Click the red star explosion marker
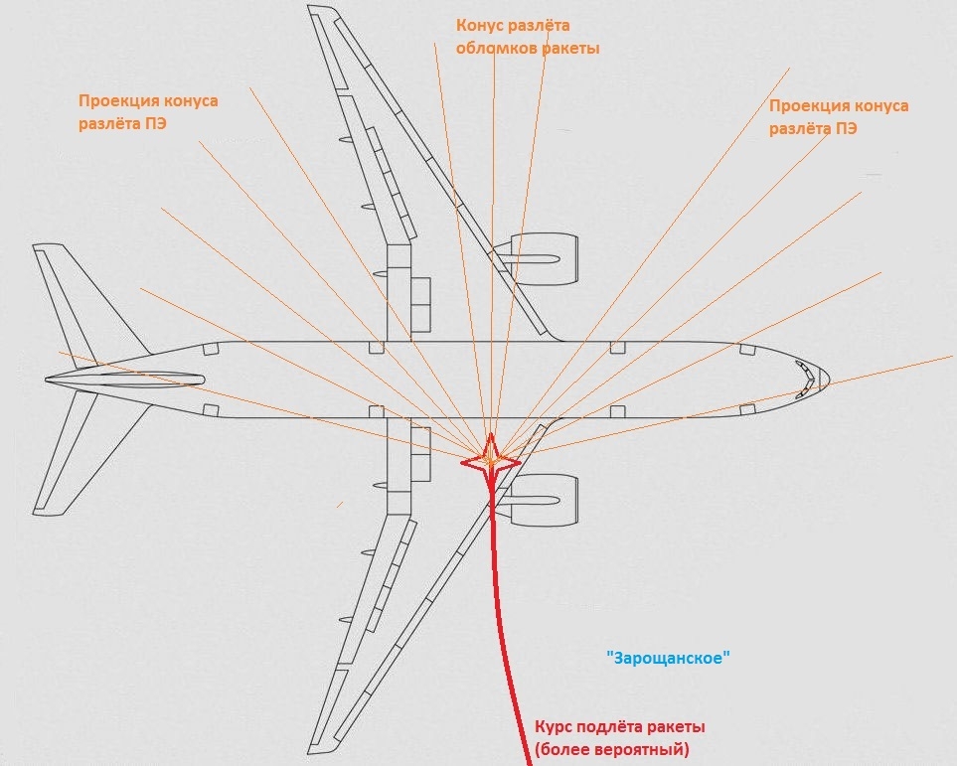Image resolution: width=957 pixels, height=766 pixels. coord(491,459)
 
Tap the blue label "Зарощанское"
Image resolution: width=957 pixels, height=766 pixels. coord(668,657)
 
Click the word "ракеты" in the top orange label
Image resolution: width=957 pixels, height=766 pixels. coord(571,48)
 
